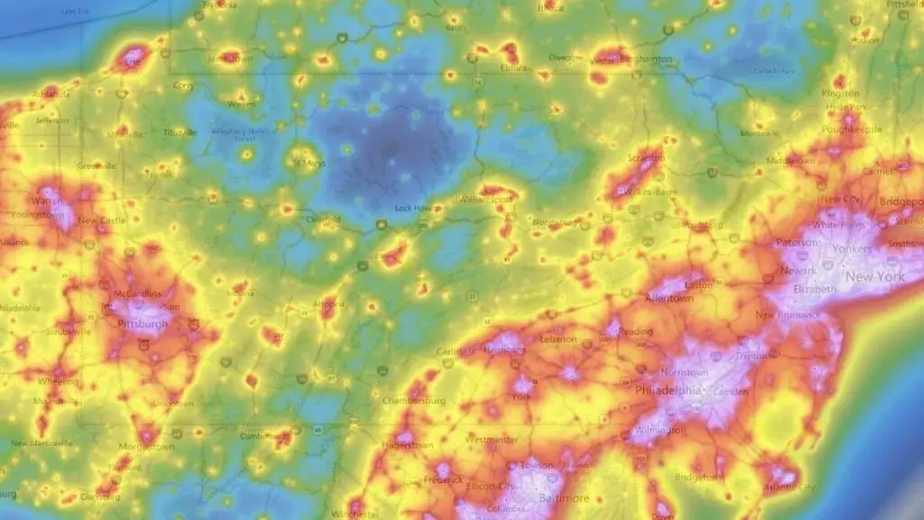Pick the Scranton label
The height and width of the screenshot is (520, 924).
click(647, 158)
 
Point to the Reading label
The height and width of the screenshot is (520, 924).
click(637, 331)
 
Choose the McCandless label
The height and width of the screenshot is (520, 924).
click(138, 294)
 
